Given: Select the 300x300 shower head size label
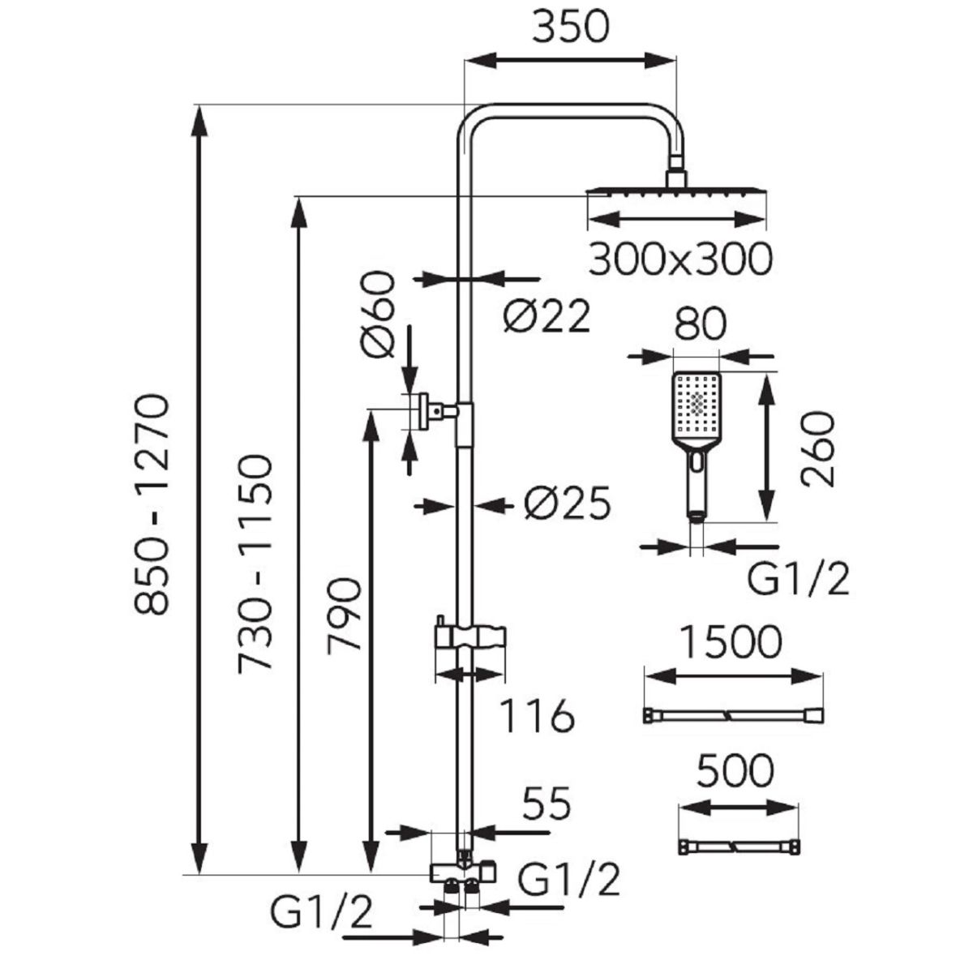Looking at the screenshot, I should (679, 259).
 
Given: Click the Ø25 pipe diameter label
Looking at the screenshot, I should (566, 505).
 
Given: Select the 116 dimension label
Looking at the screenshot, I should (536, 717).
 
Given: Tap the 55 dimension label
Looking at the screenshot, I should (546, 804).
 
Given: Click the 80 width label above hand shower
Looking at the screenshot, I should (698, 326).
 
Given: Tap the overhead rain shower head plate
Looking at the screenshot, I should (676, 191).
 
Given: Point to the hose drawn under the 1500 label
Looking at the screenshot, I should (732, 716).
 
